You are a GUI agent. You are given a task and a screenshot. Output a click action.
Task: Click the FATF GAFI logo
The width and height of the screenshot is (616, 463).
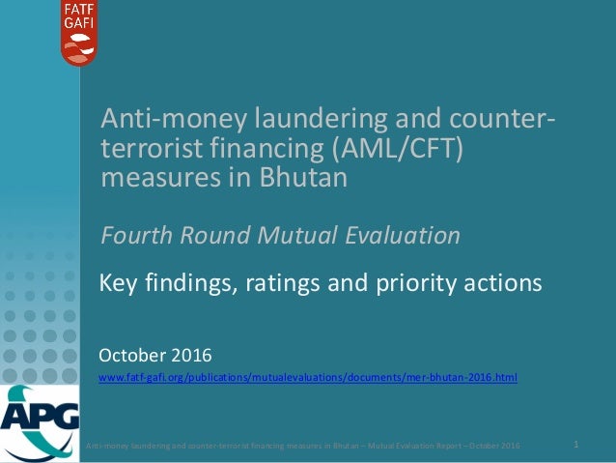79,33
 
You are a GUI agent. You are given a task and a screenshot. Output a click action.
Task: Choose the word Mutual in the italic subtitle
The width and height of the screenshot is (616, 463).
298,235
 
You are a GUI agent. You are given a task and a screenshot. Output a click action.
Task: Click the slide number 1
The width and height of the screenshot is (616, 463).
575,445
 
